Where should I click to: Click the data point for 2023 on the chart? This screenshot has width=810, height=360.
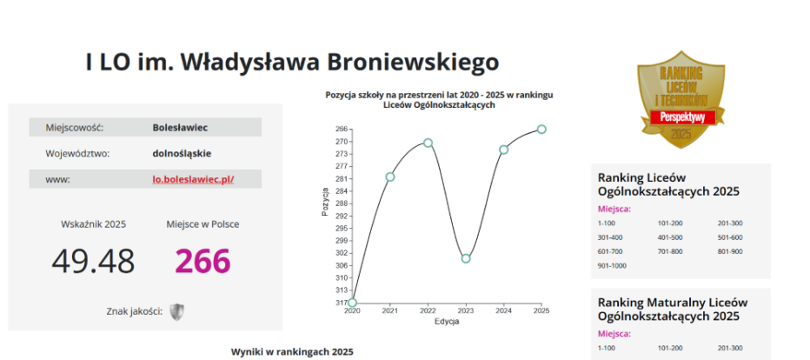point(466,258)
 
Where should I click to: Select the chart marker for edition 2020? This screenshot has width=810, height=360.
point(352,303)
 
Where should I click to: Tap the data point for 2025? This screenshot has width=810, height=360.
point(541,129)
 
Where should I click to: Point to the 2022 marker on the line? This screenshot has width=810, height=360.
point(428,143)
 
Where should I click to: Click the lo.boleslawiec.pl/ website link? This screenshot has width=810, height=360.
point(193,179)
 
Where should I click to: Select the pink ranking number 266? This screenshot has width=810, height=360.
point(202,262)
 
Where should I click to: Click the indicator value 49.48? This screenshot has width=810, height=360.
point(93,262)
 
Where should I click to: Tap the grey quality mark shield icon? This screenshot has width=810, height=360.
point(177,312)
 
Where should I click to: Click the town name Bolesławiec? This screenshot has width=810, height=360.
point(180,127)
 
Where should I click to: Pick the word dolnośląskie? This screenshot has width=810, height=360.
point(182,153)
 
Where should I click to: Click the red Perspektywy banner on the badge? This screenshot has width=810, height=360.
point(682,117)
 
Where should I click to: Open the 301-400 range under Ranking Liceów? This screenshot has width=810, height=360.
point(610,237)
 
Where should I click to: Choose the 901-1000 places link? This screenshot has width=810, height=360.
point(612,265)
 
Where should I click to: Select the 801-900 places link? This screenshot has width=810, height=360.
point(730,251)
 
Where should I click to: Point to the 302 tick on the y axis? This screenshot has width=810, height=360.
point(341,253)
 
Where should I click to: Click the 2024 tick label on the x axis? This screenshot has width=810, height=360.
point(504,311)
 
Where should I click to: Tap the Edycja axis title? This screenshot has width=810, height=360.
point(447,322)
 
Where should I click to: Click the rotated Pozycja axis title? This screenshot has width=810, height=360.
point(325,202)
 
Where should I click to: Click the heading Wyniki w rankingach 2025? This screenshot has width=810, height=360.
point(292,352)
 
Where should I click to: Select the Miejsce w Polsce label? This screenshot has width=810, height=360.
point(202,224)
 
